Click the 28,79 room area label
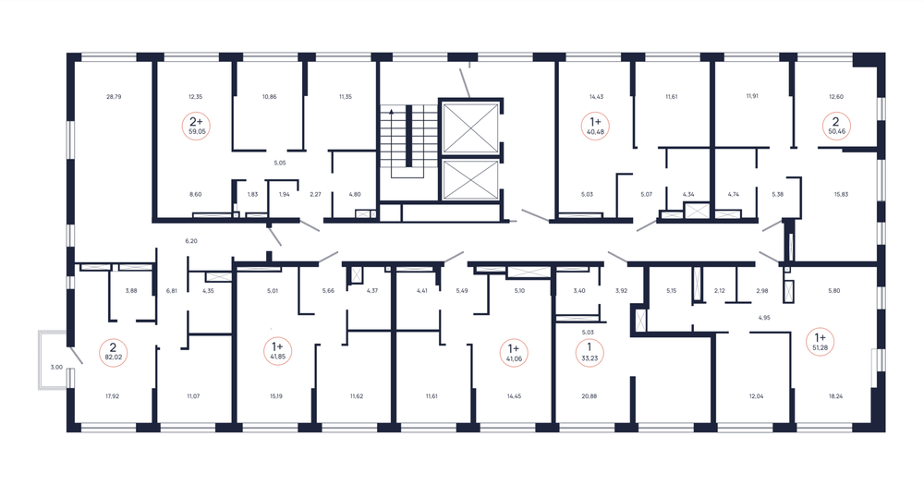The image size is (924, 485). click(114, 97)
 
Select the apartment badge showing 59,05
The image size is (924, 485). click(197, 127)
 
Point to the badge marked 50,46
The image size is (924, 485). click(836, 127)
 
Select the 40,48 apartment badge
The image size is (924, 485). click(595, 127)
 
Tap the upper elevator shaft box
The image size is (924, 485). click(470, 127)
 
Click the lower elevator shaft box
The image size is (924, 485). click(470, 180)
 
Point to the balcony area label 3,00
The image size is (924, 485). click(56, 367)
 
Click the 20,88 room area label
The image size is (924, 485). click(589, 396)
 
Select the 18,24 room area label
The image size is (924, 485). click(835, 396)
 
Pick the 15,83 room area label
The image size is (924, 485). click(841, 194)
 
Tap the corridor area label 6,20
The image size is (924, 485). click(191, 241)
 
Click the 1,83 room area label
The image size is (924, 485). click(252, 194)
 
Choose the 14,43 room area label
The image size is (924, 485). click(596, 97)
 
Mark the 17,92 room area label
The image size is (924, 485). click(112, 396)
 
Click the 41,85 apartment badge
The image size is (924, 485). click(277, 352)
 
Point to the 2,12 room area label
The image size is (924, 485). click(719, 290)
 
